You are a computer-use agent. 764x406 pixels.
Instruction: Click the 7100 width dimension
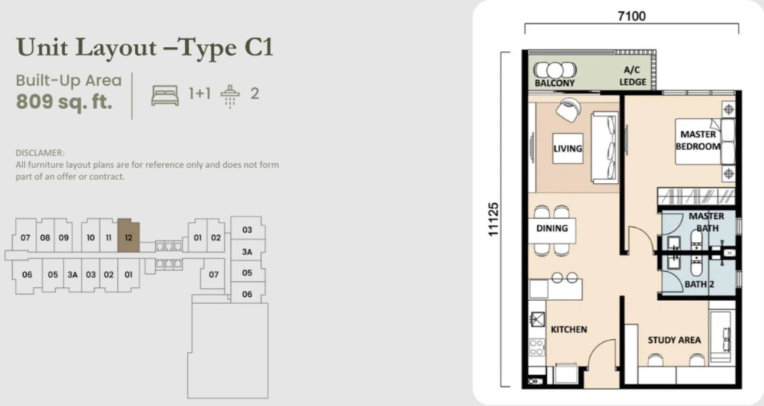tap(632, 16)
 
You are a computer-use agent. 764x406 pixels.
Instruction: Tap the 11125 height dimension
tap(493, 220)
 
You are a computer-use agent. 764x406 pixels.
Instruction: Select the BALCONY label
tap(554, 83)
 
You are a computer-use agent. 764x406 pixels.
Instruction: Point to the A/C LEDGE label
tap(633, 76)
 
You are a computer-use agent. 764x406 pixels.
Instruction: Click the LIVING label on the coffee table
tap(567, 148)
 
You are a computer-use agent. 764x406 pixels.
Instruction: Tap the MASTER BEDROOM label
tap(698, 140)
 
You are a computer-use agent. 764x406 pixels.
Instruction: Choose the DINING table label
tap(552, 228)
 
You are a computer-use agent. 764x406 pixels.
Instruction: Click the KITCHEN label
tap(569, 330)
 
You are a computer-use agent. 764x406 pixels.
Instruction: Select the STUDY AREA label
tap(674, 340)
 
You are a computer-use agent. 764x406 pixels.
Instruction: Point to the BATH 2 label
tap(699, 284)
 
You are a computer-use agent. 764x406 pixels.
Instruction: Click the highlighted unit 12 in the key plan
tap(129, 236)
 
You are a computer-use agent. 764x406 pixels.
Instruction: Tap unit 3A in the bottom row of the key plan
tap(72, 275)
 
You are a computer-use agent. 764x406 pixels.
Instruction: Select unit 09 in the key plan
tap(63, 238)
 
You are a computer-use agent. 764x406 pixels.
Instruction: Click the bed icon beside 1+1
tap(165, 95)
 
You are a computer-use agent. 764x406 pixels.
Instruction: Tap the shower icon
tap(230, 97)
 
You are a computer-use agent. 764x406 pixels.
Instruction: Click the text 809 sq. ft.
tap(64, 102)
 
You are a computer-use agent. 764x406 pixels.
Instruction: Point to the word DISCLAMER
tap(40, 153)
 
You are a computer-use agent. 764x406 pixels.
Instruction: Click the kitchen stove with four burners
tap(537, 347)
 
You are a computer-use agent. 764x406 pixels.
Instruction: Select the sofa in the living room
tap(605, 148)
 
